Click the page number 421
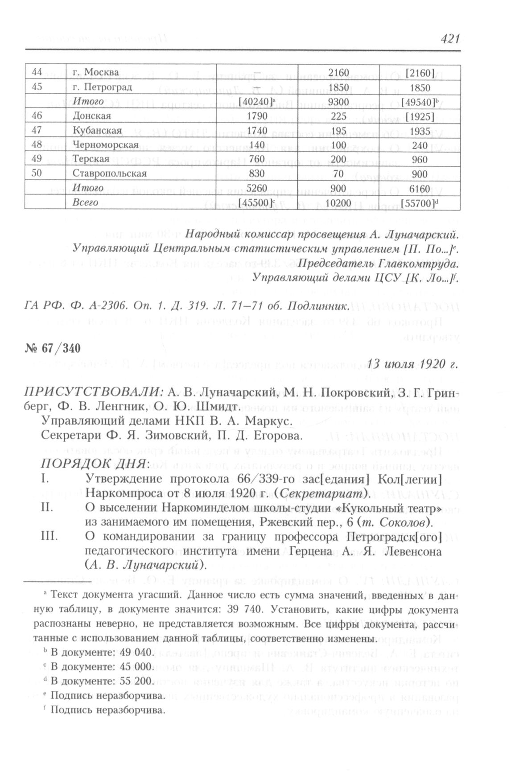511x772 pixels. pyautogui.click(x=449, y=39)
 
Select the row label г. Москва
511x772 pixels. pyautogui.click(x=95, y=72)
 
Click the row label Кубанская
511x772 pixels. pyautogui.click(x=97, y=131)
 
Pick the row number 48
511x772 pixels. pyautogui.click(x=37, y=145)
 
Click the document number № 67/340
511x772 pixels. pyautogui.click(x=53, y=348)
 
